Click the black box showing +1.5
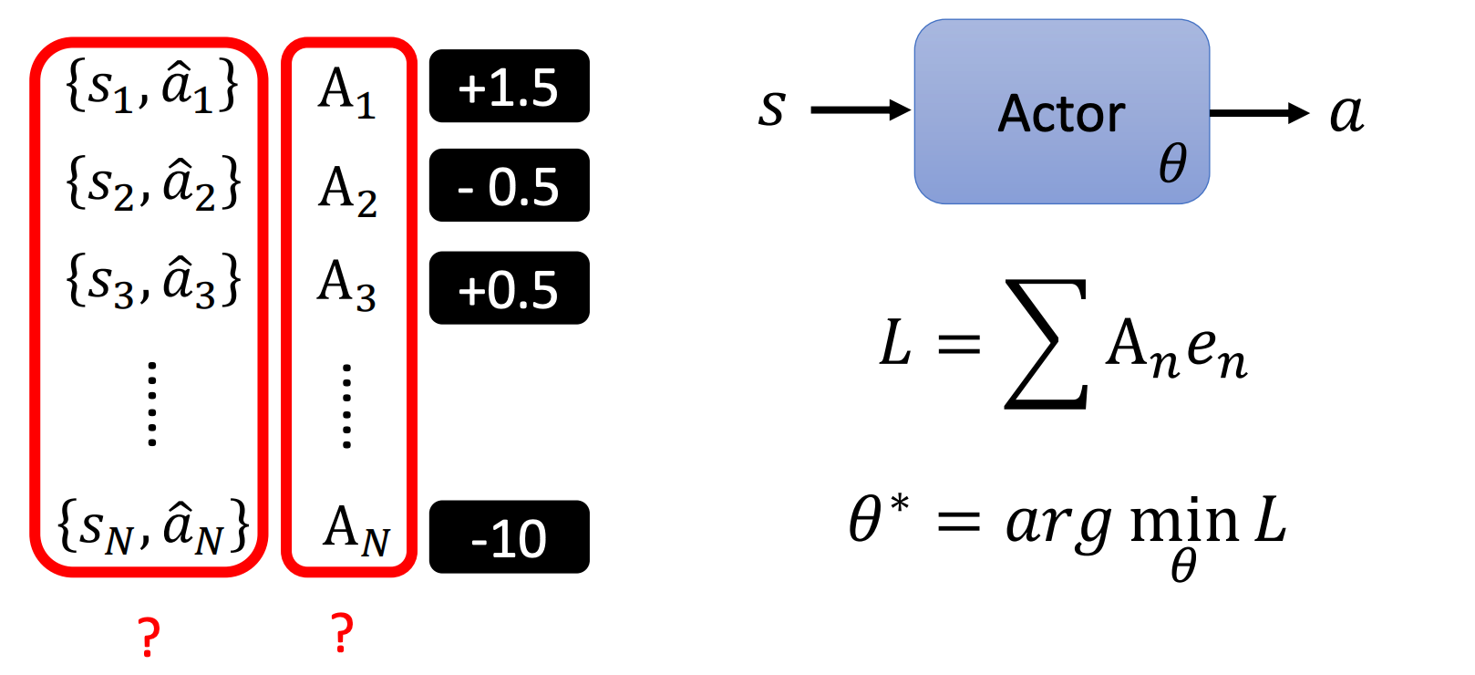coord(509,87)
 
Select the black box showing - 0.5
coord(509,186)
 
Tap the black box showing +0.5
coord(509,288)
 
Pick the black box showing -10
coord(509,537)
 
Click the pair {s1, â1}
coord(152,88)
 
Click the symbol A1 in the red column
coord(346,93)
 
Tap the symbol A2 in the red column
coord(347,191)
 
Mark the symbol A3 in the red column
coord(346,285)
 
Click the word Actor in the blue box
coord(1061,114)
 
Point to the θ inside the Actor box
coord(1172,164)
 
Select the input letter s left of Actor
coord(771,109)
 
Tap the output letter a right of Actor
coord(1346,113)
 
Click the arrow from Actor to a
coord(1259,113)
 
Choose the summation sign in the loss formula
coord(1047,344)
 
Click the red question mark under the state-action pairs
coord(149,636)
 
